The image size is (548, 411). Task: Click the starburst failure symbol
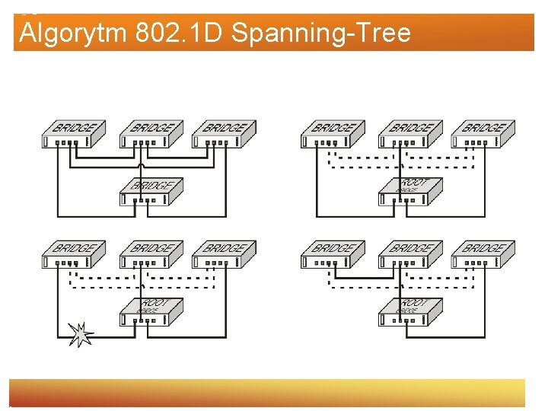pyautogui.click(x=81, y=333)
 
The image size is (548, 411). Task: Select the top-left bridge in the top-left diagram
pyautogui.click(x=73, y=134)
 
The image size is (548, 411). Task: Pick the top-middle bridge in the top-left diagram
pyautogui.click(x=151, y=134)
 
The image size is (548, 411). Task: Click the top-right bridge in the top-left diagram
pyautogui.click(x=224, y=134)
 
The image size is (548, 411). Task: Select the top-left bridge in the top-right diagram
pyautogui.click(x=333, y=134)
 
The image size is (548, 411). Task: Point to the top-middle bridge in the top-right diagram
pyautogui.click(x=410, y=134)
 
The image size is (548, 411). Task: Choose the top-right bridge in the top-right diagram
pyautogui.click(x=483, y=134)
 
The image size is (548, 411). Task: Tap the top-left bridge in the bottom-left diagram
pyautogui.click(x=73, y=254)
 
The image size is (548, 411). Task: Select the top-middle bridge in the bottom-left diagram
pyautogui.click(x=151, y=254)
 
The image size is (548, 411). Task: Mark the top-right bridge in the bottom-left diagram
pyautogui.click(x=224, y=254)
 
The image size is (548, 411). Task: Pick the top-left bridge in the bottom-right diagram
pyautogui.click(x=333, y=254)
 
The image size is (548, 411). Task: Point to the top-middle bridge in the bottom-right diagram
pyautogui.click(x=410, y=254)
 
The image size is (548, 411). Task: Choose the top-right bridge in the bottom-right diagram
pyautogui.click(x=483, y=254)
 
